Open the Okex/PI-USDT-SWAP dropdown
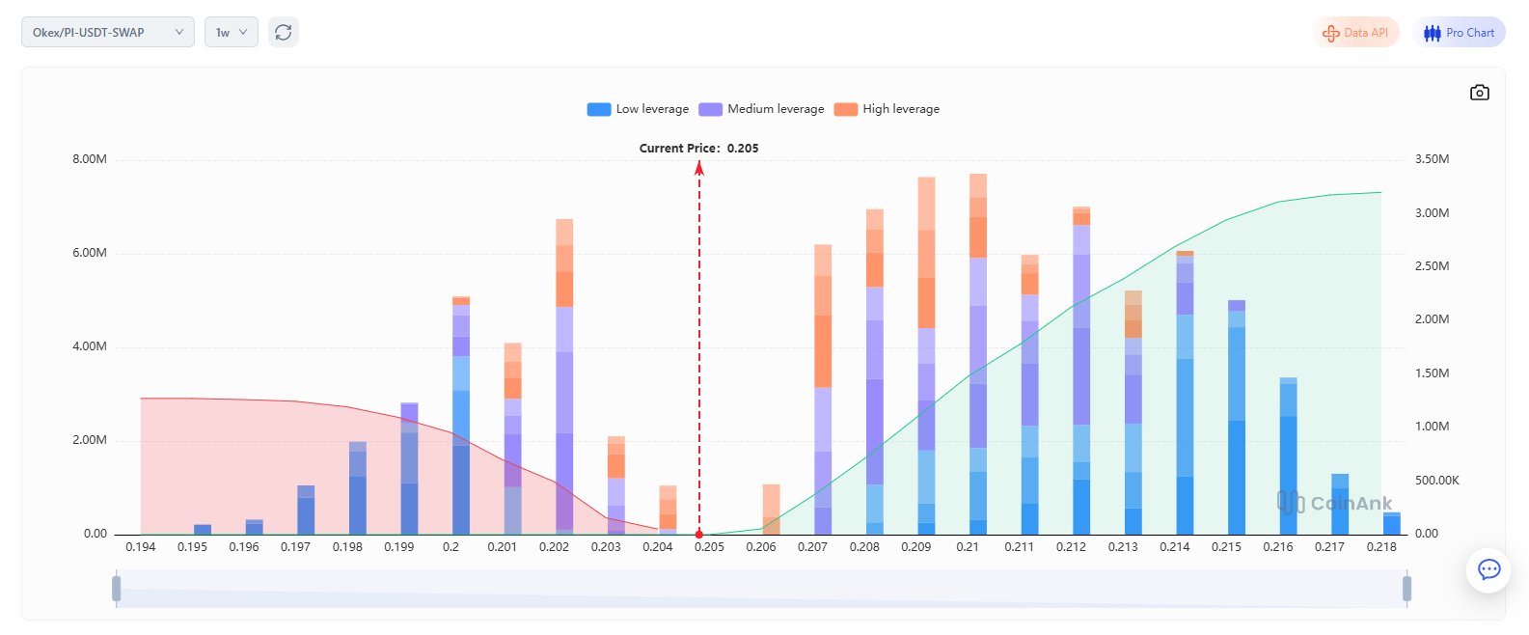[107, 33]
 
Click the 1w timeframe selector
[231, 33]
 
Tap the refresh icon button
[283, 33]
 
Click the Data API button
[1355, 33]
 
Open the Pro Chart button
[1459, 33]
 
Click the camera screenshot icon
[1479, 93]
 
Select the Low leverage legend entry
[638, 109]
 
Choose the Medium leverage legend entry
[762, 109]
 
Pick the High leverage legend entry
[887, 109]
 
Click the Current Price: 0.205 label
[698, 149]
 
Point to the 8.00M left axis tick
[90, 159]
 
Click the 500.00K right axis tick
[1436, 481]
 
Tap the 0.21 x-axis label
[968, 547]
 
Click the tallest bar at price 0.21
[977, 357]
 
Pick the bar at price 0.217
[1340, 505]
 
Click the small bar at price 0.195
[203, 530]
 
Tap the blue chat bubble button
[1488, 569]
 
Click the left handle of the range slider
[117, 588]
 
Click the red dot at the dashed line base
[699, 534]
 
